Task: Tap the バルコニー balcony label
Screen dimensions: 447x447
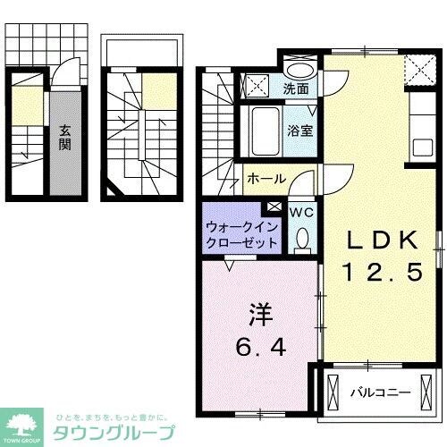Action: click(x=379, y=392)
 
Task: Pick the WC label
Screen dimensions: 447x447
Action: click(x=302, y=213)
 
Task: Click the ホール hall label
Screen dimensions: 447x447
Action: click(x=266, y=179)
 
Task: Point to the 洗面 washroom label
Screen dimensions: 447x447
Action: click(x=296, y=89)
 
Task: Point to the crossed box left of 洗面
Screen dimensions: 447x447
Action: click(x=257, y=86)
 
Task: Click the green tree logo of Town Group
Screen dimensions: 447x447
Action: click(x=24, y=424)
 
